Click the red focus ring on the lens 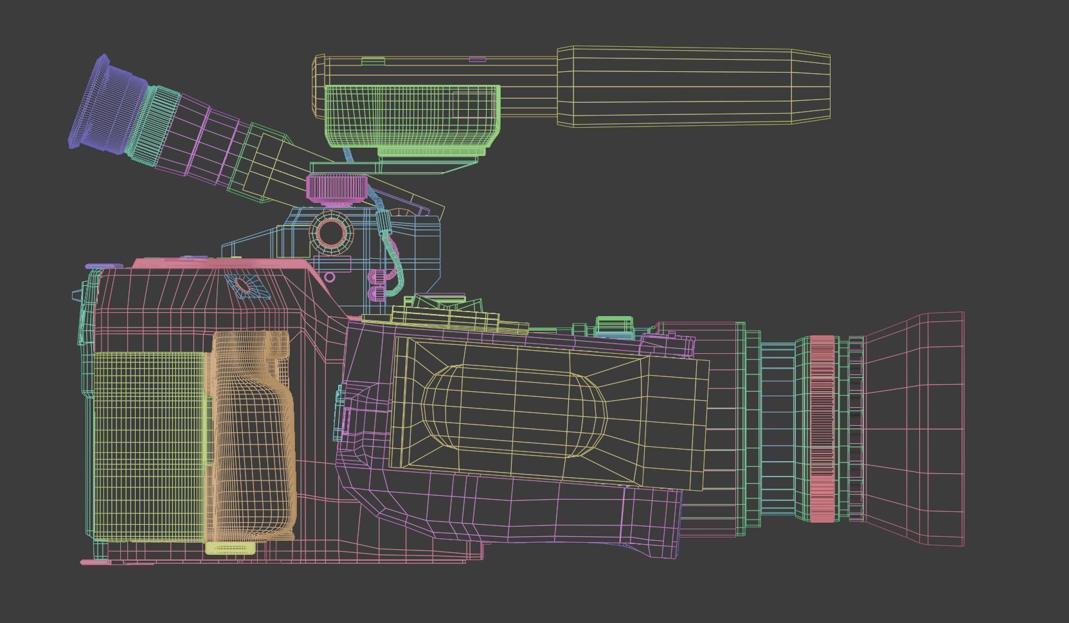(x=822, y=428)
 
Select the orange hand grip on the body (x=254, y=437)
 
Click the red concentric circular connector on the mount (x=332, y=232)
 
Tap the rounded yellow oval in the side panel (x=514, y=411)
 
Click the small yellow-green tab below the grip (x=229, y=548)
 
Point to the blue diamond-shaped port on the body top (x=246, y=285)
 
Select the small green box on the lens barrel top (x=614, y=325)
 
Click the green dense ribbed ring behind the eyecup (x=155, y=125)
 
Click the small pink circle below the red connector (x=330, y=277)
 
